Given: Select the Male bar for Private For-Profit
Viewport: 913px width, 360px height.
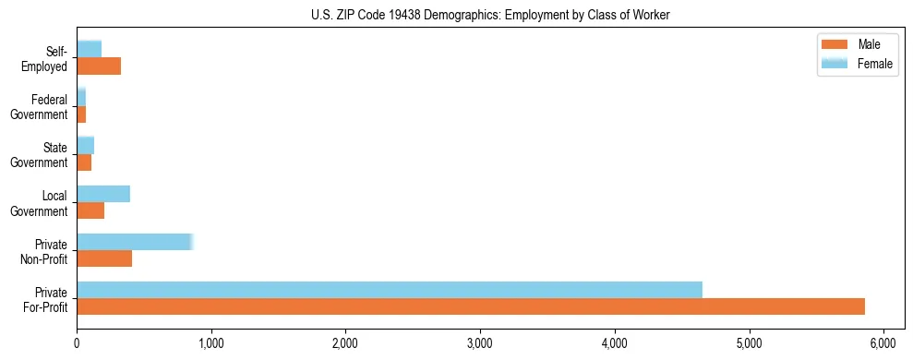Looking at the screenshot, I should (471, 306).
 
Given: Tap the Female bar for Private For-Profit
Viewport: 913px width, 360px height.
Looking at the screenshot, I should (390, 289).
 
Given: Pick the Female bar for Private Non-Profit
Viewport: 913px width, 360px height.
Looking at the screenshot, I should (135, 242).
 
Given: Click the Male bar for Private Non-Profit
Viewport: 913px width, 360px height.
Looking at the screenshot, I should (104, 258).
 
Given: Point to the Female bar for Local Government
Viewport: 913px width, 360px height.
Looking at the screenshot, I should (103, 194).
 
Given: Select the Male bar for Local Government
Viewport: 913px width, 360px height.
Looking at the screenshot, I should (90, 210).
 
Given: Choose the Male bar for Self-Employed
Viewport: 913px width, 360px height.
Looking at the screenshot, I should (99, 66).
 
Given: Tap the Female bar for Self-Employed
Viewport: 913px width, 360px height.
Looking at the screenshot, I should (90, 49).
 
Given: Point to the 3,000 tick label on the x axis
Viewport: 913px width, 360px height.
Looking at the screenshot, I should (480, 343).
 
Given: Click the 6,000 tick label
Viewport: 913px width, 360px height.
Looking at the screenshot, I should (883, 343).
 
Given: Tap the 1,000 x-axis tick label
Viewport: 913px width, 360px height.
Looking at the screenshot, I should (211, 343).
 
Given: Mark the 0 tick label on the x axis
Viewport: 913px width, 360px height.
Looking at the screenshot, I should (78, 343).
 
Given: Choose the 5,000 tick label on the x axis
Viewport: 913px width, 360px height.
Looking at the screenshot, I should (749, 343).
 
